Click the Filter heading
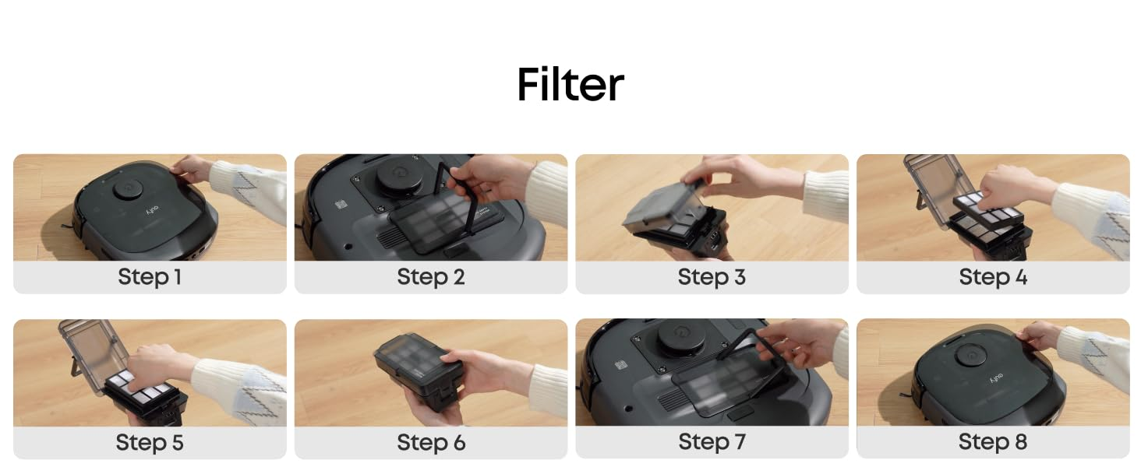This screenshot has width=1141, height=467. coord(570,84)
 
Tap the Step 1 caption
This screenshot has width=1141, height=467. coord(149,277)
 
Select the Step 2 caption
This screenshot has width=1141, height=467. coord(430,277)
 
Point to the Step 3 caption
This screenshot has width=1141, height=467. coord(712,277)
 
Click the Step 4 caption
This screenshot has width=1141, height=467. coord(993,277)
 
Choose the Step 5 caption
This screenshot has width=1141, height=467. coord(149,443)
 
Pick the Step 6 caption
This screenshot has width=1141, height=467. coord(431,443)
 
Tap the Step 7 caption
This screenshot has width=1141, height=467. coord(712,441)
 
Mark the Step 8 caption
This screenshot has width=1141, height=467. coord(993,441)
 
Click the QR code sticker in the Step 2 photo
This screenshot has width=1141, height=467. coord(341,205)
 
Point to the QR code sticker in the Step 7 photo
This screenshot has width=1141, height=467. coord(620,365)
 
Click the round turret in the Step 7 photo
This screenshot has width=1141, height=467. coord(681,338)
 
